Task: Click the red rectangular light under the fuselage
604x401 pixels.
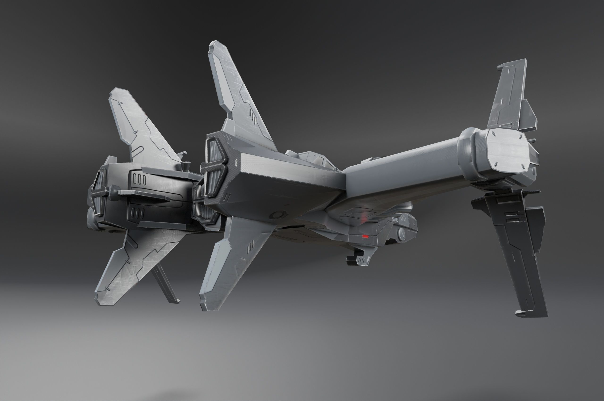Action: [365, 237]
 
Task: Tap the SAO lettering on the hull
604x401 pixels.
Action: [396, 219]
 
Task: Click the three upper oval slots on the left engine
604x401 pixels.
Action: [140, 179]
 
